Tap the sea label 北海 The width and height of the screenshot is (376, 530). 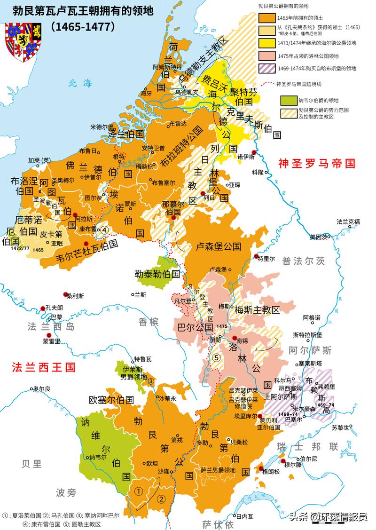[78, 83]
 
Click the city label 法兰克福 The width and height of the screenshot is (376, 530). [348, 221]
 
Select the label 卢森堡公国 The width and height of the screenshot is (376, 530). [219, 246]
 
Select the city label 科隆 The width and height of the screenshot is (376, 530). [258, 172]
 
